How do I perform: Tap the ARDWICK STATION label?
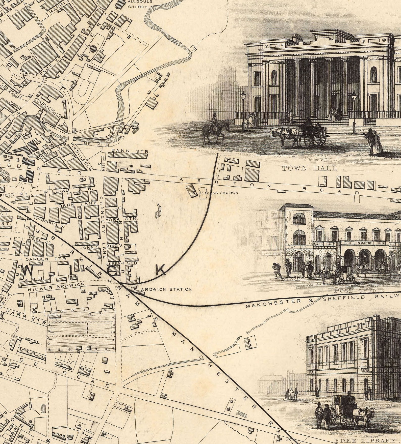tap(166, 289)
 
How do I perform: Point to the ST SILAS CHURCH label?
tap(217, 193)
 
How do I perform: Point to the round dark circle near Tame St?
tap(93, 48)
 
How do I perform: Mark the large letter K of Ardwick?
tap(161, 270)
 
